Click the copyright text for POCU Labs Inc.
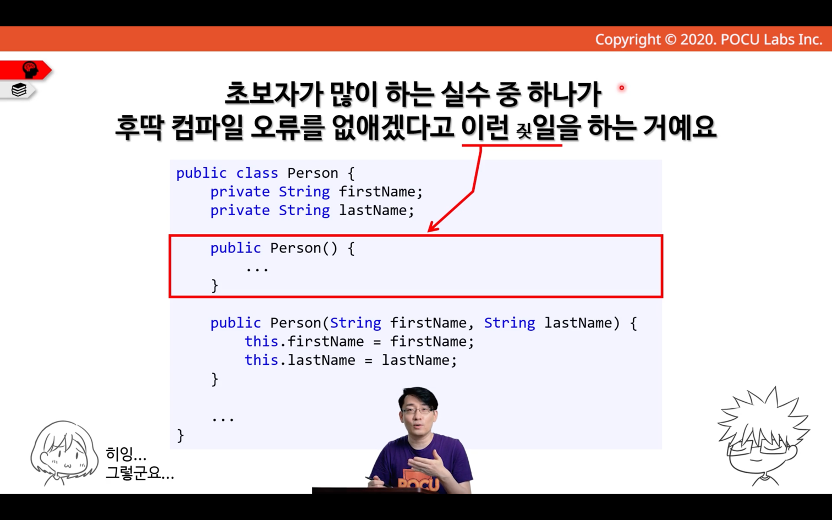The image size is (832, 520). click(709, 40)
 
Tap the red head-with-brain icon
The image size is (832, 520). click(30, 70)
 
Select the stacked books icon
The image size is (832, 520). click(19, 90)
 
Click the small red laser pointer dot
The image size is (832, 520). click(621, 88)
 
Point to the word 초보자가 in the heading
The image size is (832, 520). click(273, 94)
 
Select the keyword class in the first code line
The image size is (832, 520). click(257, 173)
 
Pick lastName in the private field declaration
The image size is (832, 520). click(373, 210)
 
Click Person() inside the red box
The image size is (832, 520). click(304, 248)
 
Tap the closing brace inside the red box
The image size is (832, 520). click(215, 286)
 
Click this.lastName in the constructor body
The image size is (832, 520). click(300, 360)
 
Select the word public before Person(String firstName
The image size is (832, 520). click(236, 323)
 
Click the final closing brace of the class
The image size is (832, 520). click(180, 435)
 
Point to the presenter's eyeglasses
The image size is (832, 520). click(418, 410)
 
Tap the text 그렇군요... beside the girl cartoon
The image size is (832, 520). click(140, 473)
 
